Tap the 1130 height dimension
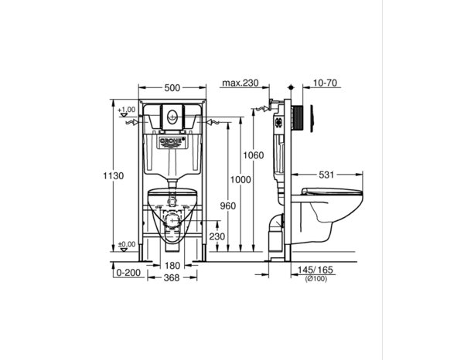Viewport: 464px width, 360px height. click(113, 176)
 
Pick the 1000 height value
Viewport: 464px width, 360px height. click(241, 179)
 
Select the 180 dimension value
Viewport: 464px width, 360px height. click(174, 266)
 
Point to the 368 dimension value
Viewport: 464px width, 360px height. click(174, 278)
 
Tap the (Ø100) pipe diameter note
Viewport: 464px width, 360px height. click(314, 278)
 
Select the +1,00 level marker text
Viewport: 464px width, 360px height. click(126, 110)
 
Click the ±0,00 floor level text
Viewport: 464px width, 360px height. click(125, 246)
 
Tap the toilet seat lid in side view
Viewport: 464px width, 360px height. click(332, 191)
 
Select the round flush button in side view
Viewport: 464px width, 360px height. click(312, 115)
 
